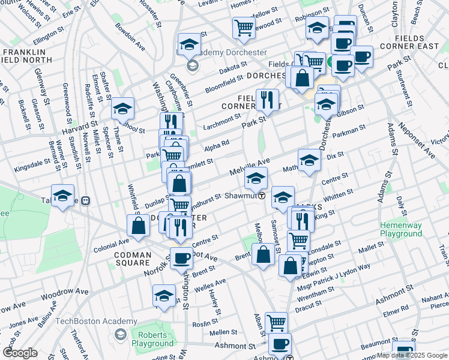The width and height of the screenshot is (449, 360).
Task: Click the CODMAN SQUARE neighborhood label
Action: pos(124,259)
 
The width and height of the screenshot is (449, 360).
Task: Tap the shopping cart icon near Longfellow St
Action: pos(244,27)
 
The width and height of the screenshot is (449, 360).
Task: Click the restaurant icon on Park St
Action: pos(267,99)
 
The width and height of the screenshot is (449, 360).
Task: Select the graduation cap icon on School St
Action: pos(122,108)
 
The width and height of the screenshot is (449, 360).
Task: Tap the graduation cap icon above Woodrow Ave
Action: pos(164,295)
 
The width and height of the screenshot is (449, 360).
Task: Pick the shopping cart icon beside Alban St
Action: pos(276,323)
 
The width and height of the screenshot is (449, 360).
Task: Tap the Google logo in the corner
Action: pos(20,353)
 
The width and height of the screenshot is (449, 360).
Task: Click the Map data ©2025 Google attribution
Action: pos(412,355)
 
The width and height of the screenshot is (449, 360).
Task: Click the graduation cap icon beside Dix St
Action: pos(309,160)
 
